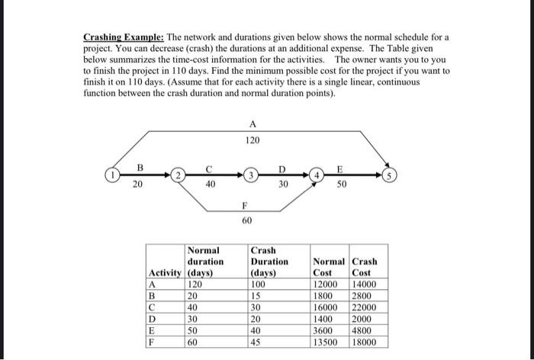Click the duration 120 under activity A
tap(253, 141)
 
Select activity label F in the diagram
tap(245, 204)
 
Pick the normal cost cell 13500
tap(327, 342)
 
